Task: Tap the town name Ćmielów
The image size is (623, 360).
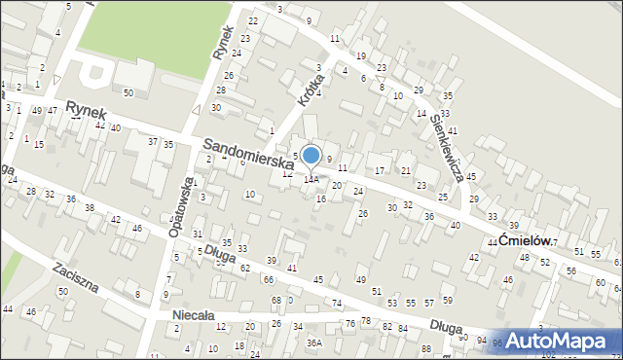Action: click(x=526, y=240)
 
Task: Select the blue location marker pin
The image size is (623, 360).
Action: click(x=311, y=156)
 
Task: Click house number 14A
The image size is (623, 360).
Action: click(x=311, y=179)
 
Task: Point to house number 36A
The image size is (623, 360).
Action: click(x=314, y=342)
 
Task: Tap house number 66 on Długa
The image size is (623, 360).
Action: click(x=269, y=280)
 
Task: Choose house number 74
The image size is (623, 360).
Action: click(x=337, y=304)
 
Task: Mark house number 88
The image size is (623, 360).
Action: click(x=425, y=348)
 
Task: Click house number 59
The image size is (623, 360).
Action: click(x=447, y=300)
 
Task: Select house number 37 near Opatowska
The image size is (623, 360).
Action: click(x=153, y=142)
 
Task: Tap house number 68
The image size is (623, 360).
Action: click(x=275, y=300)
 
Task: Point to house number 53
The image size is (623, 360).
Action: click(x=391, y=305)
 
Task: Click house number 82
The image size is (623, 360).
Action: click(x=387, y=327)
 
